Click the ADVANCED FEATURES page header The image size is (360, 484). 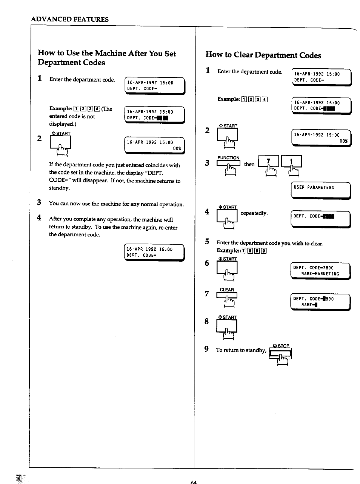[x=70, y=19]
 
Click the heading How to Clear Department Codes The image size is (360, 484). [x=263, y=55]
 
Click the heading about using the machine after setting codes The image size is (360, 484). [x=107, y=58]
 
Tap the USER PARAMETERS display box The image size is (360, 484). [x=321, y=190]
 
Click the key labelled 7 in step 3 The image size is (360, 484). [x=269, y=162]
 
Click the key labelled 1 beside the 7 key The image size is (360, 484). [x=291, y=162]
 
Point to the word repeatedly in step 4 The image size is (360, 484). [x=254, y=213]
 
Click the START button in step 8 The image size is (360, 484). [x=227, y=325]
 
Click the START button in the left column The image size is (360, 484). [x=60, y=143]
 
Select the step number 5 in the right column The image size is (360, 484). [x=207, y=242]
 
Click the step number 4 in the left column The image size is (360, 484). [x=39, y=218]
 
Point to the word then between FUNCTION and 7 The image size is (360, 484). [x=249, y=164]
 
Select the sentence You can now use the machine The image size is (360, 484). [x=116, y=204]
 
